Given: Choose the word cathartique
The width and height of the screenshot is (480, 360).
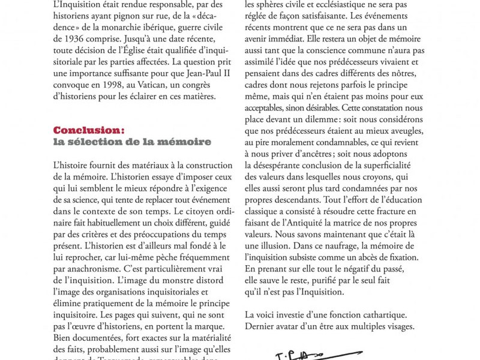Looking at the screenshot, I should (380, 313).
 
